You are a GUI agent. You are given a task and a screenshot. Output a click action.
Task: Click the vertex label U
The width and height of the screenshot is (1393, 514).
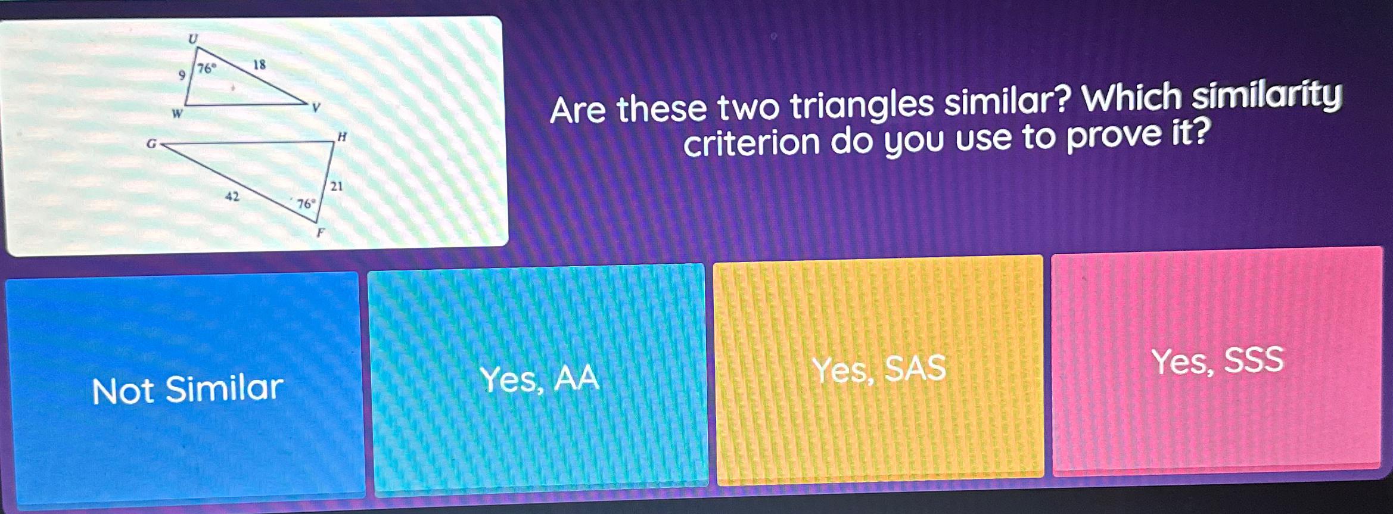coord(192,39)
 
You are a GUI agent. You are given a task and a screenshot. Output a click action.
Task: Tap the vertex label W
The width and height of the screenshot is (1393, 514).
coord(177,113)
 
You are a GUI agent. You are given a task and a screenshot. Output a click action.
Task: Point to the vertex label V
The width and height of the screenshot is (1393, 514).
coord(316,108)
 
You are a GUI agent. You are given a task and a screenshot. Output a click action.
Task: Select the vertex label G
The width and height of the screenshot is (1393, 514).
coord(151,144)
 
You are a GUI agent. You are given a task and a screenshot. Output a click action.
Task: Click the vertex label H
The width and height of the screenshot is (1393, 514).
coord(342,137)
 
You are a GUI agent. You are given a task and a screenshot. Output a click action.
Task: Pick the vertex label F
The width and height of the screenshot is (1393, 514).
coord(321,233)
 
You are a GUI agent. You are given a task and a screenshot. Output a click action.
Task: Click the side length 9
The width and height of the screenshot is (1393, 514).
coord(182,75)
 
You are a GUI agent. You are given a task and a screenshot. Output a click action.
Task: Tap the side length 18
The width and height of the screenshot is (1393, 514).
coord(259,64)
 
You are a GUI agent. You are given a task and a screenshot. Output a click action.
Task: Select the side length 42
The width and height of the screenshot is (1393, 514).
coord(232,196)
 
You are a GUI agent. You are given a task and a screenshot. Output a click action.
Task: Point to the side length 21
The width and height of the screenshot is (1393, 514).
coord(337,186)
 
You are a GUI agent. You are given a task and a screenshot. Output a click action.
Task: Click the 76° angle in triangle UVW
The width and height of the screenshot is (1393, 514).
coord(206,68)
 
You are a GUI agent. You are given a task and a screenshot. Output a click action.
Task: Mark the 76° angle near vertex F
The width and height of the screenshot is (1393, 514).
coord(306,204)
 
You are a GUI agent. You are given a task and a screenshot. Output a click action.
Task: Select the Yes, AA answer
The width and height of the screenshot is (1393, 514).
coord(539,379)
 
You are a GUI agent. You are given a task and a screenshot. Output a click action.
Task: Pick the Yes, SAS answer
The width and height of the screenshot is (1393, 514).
coord(879,369)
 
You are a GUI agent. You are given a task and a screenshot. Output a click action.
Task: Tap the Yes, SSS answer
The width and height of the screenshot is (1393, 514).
coord(1217,361)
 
